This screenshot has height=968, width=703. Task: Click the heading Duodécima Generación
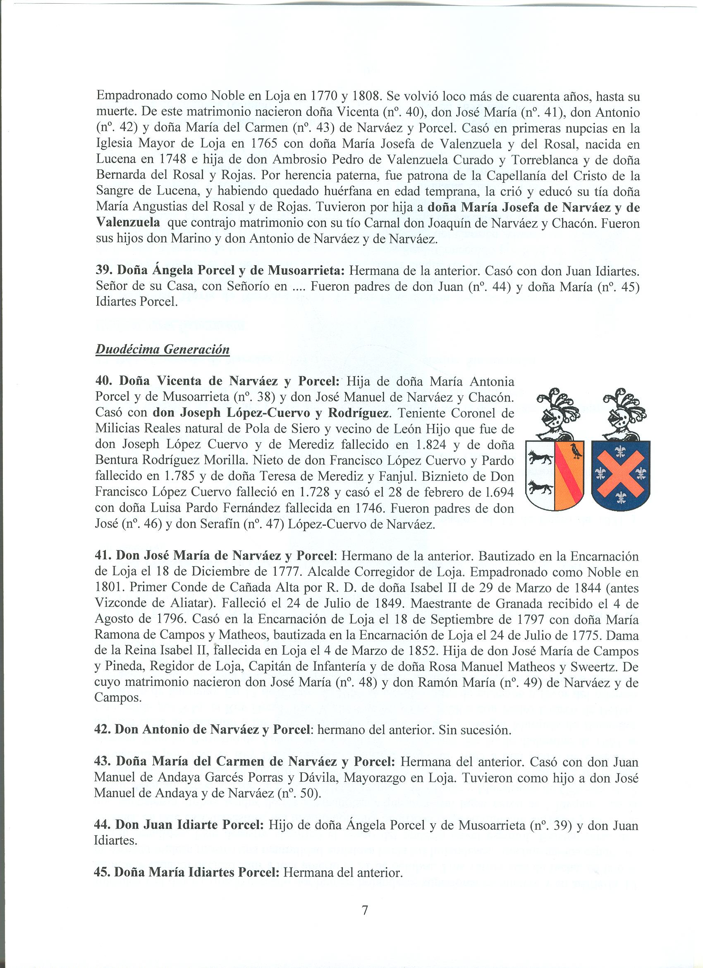[x=163, y=350]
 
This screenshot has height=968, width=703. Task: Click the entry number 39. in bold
[x=103, y=270]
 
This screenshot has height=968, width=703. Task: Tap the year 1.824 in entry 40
[x=430, y=445]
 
